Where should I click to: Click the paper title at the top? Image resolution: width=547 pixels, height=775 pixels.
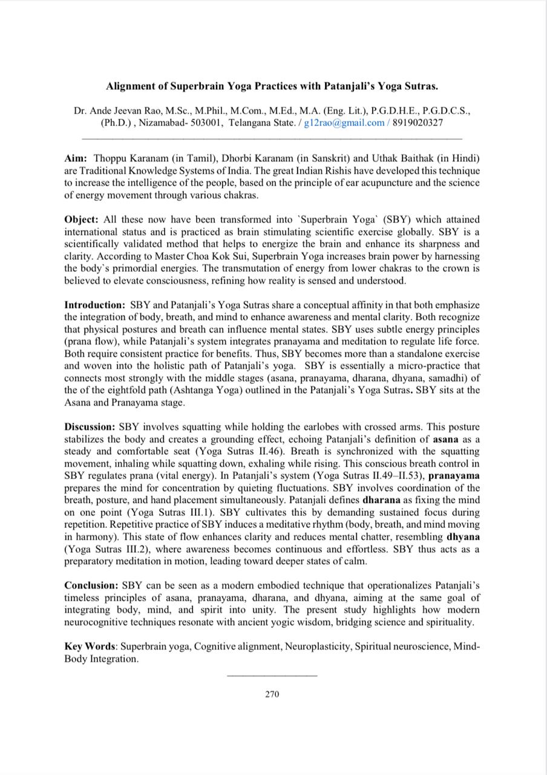click(x=272, y=86)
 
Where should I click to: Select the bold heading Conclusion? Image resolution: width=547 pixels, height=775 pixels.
click(x=91, y=585)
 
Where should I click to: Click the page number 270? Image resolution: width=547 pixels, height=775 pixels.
click(x=272, y=694)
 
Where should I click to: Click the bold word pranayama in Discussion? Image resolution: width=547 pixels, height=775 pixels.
click(x=454, y=476)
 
